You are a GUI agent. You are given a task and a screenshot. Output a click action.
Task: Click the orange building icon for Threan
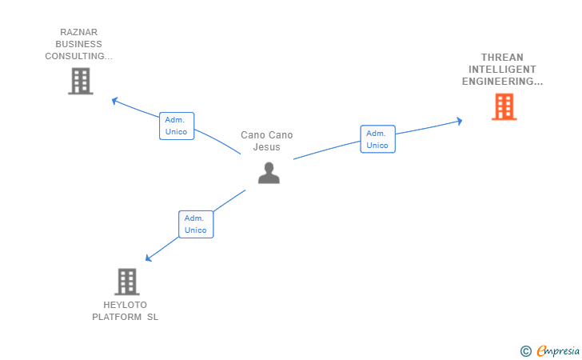pyautogui.click(x=504, y=106)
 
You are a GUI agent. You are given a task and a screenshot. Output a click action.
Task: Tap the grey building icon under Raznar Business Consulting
pyautogui.click(x=81, y=81)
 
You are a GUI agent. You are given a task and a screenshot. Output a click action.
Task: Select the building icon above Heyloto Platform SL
pyautogui.click(x=127, y=282)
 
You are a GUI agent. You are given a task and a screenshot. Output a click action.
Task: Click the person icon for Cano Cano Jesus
pyautogui.click(x=269, y=173)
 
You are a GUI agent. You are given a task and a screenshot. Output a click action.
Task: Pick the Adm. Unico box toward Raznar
pyautogui.click(x=177, y=126)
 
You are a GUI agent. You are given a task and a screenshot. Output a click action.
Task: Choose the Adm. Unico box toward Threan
pyautogui.click(x=378, y=139)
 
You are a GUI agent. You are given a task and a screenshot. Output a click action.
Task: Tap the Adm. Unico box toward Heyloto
pyautogui.click(x=196, y=224)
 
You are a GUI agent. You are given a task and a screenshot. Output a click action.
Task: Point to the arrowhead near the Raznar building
pyautogui.click(x=114, y=100)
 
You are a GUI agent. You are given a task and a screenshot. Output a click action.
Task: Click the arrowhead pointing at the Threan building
pyautogui.click(x=460, y=121)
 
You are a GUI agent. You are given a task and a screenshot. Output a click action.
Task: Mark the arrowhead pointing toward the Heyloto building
pyautogui.click(x=148, y=258)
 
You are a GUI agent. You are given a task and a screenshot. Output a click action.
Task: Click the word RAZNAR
pyautogui.click(x=78, y=32)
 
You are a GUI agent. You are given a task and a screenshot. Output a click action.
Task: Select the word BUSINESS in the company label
pyautogui.click(x=78, y=44)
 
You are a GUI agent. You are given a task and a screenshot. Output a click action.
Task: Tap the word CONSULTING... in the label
pyautogui.click(x=78, y=56)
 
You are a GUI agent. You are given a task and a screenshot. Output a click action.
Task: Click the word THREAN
pyautogui.click(x=502, y=58)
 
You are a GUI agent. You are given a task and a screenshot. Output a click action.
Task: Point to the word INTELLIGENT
pyautogui.click(x=502, y=70)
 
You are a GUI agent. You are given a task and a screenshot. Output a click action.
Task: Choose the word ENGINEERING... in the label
pyautogui.click(x=502, y=82)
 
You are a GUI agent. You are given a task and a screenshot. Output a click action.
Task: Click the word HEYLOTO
pyautogui.click(x=125, y=305)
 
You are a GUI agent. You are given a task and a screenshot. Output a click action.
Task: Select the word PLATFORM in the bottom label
pyautogui.click(x=117, y=317)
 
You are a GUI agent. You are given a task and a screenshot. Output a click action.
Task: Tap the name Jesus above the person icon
pyautogui.click(x=266, y=147)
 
